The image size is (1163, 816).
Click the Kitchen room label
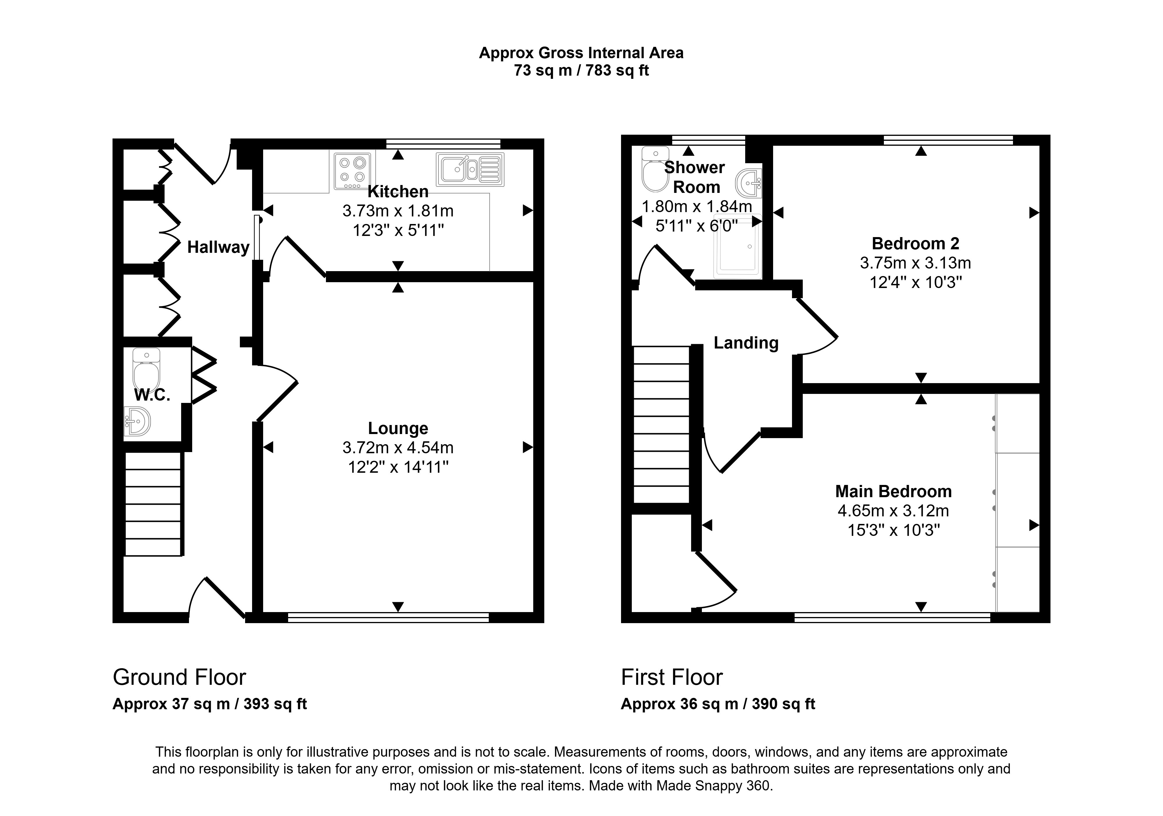click(x=398, y=192)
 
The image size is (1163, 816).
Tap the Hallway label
click(x=218, y=247)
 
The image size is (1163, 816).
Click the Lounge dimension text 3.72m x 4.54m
click(x=398, y=447)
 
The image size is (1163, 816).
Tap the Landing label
click(x=746, y=343)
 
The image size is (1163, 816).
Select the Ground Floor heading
click(x=179, y=677)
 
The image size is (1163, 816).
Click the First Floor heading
click(x=672, y=677)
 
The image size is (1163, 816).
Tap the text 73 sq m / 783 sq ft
click(x=581, y=70)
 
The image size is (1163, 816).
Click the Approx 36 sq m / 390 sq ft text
click(x=718, y=704)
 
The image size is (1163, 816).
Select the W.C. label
click(x=152, y=395)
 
